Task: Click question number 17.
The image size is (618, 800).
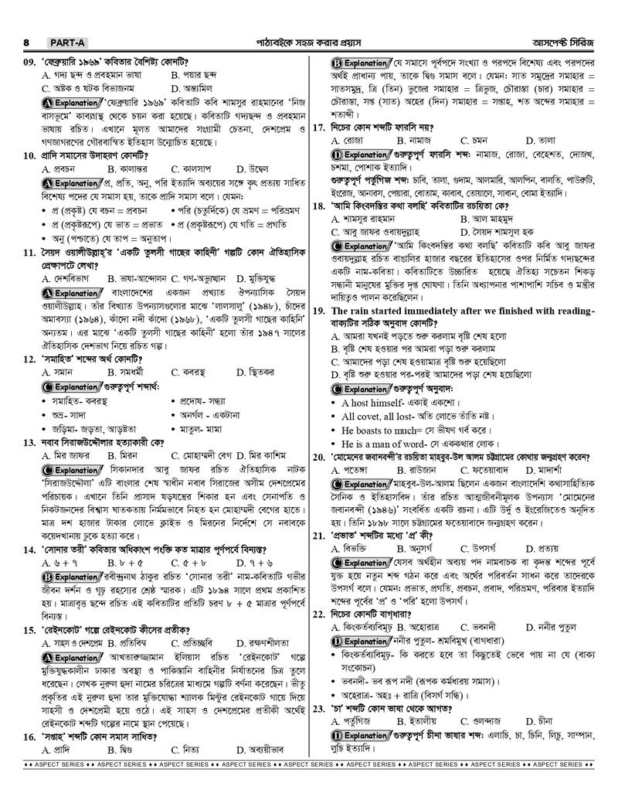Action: pos(318,126)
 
